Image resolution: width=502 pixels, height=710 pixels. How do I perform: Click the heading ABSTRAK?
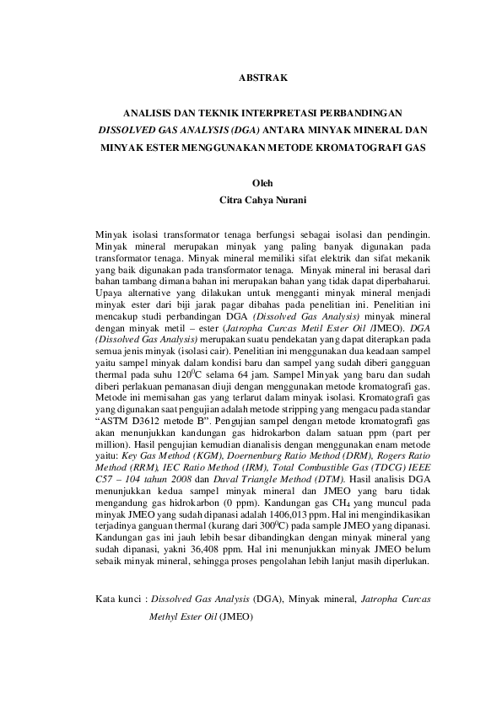click(264, 77)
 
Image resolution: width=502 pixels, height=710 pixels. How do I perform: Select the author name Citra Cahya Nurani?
click(264, 201)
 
